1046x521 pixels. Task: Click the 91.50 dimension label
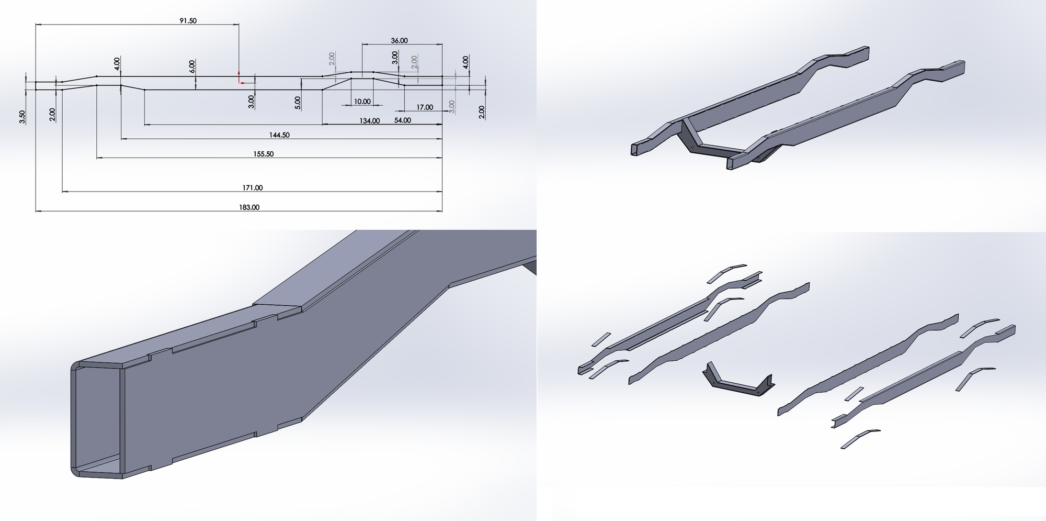pos(188,21)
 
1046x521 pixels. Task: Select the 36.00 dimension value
pos(399,41)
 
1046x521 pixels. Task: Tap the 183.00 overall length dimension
pos(249,207)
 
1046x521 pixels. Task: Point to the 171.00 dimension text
pos(252,187)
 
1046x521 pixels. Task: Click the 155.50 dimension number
pos(264,154)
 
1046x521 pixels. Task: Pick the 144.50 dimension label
pos(279,135)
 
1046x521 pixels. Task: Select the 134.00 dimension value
pos(369,121)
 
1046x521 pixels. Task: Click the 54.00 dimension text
pos(402,120)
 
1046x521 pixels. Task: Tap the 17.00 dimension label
pos(425,107)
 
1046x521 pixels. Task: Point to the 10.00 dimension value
pos(362,102)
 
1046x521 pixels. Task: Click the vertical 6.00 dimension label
pos(192,66)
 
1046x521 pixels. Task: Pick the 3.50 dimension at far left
pos(22,117)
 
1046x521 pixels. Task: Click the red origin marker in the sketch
pos(240,81)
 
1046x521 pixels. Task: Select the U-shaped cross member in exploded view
pos(737,383)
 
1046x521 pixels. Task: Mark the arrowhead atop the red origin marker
pos(239,71)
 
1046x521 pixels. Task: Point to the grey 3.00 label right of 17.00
pos(452,106)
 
